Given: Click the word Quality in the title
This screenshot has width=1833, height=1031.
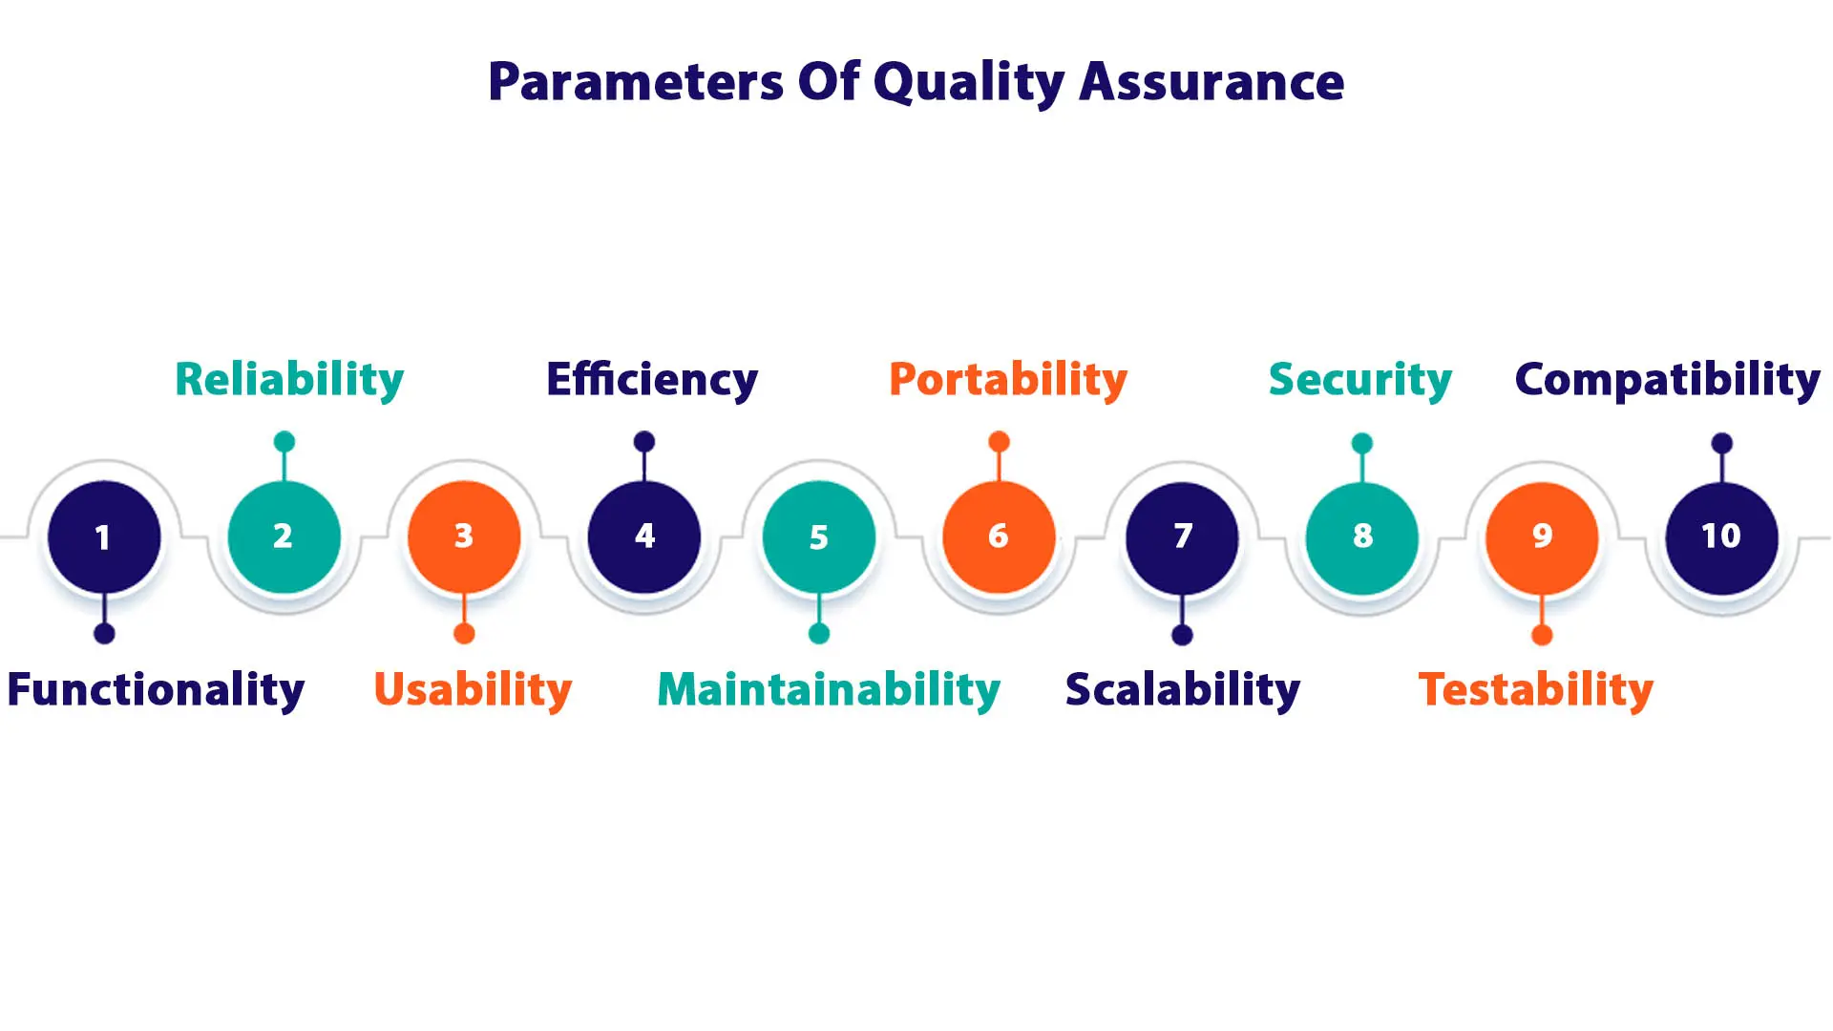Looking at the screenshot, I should [968, 82].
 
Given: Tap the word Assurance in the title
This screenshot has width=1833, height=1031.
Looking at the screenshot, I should [1211, 82].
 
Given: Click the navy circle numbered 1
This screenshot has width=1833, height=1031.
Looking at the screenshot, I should [104, 537].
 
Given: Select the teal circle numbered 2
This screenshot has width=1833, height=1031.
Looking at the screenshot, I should [284, 537].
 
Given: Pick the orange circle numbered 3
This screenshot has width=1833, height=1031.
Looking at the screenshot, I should [464, 537].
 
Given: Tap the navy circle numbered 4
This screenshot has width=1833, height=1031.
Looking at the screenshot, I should [644, 537].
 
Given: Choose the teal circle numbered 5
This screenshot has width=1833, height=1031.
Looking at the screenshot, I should [819, 537].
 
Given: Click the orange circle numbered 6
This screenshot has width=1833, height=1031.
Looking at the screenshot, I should [999, 537].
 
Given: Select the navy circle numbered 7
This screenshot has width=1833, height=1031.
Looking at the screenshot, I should [1182, 537].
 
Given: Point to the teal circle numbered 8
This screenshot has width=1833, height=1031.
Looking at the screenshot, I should [1362, 537].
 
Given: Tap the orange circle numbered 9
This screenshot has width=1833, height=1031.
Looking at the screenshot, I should [1542, 537].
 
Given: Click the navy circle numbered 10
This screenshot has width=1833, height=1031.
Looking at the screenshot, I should [1721, 537].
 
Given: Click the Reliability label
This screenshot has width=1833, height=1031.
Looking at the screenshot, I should [289, 380].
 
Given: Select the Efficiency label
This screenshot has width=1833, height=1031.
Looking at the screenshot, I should [652, 380].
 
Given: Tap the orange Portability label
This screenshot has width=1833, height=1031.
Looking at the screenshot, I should [1008, 380].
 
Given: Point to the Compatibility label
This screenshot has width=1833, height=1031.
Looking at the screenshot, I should [1667, 380].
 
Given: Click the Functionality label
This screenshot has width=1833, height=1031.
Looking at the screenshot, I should [156, 689].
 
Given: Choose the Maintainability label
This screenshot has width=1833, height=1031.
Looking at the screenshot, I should [829, 689].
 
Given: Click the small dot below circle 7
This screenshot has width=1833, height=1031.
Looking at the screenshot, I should [1182, 635].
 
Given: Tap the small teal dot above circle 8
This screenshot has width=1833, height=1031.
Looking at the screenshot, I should [1362, 443].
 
